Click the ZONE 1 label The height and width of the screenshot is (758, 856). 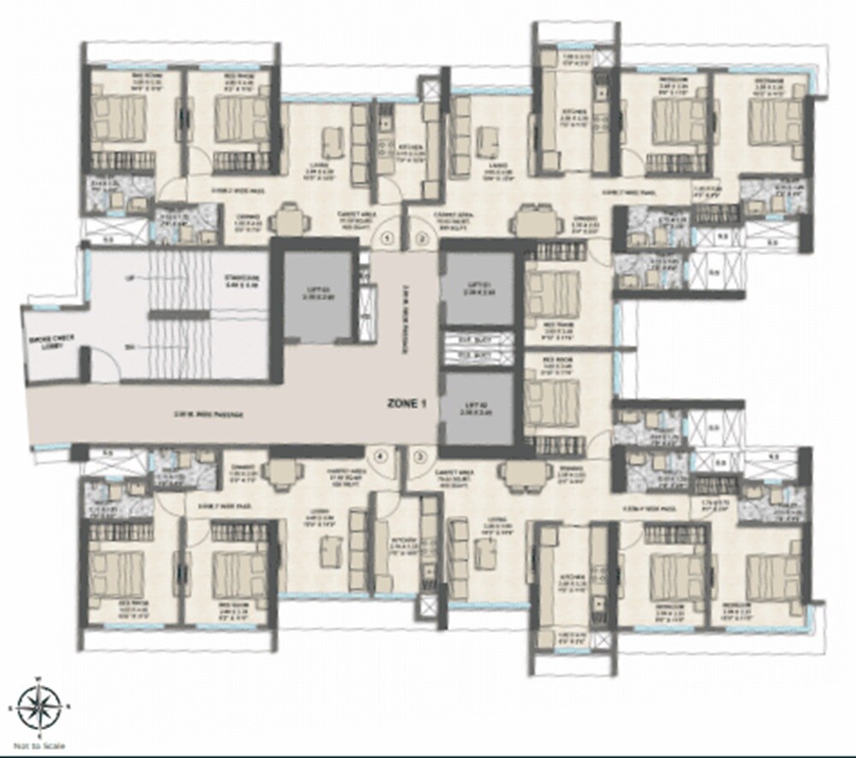[406, 406]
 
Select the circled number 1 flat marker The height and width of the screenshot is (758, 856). [387, 238]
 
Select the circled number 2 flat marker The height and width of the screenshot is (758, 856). [420, 238]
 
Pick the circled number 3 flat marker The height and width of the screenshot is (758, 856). [419, 457]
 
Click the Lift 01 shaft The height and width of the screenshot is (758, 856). [478, 287]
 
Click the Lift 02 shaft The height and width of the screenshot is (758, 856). [478, 409]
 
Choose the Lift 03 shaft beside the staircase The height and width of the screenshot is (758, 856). [319, 294]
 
